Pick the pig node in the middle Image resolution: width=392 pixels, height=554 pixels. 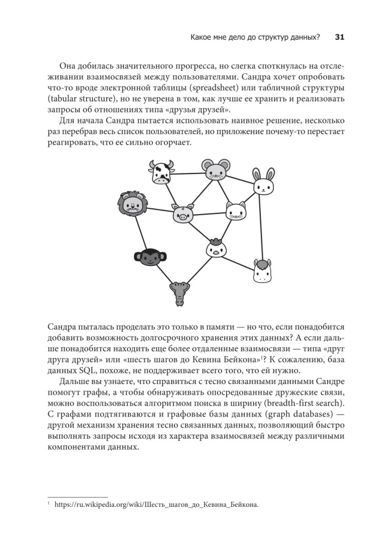tap(182, 214)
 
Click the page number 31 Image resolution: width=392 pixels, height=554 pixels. tap(339, 38)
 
